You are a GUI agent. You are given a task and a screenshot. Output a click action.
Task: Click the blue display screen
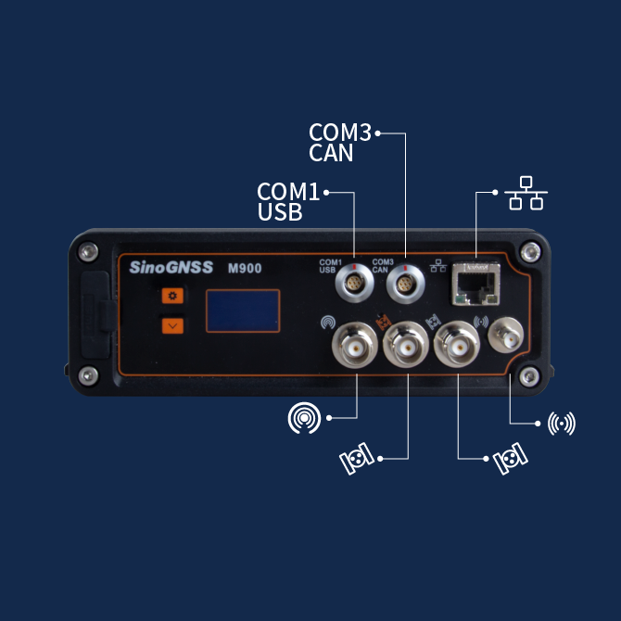242,310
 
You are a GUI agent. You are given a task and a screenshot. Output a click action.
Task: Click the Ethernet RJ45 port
475,284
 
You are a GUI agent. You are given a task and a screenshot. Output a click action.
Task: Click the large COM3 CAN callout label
339,143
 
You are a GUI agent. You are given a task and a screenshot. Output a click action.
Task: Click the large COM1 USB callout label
288,201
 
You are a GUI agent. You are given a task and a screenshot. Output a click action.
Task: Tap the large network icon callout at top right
526,194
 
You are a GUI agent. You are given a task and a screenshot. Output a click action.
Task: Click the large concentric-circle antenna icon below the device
304,419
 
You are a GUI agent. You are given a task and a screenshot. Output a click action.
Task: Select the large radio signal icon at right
562,424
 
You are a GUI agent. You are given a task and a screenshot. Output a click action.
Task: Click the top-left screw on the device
87,251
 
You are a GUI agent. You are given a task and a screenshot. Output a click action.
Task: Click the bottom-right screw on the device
529,375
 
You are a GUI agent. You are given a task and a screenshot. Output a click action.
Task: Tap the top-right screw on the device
529,250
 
